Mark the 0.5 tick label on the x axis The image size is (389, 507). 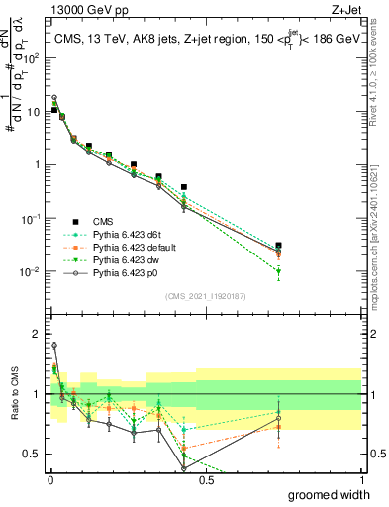pos(205,480)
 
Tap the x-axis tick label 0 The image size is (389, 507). pos(49,480)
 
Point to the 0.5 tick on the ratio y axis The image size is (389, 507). pos(34,455)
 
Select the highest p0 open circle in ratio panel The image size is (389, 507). pos(53,346)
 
